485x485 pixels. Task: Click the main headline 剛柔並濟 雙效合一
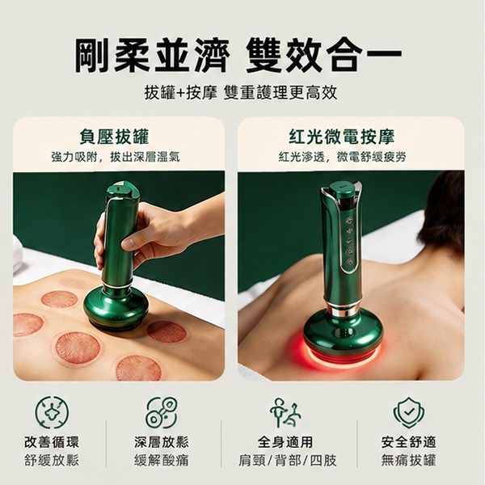coord(238,56)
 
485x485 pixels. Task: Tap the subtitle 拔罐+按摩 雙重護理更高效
coord(241,93)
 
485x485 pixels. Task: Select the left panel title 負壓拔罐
coord(115,137)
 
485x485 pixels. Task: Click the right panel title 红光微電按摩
coord(342,137)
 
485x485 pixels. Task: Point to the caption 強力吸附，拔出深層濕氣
coord(116,157)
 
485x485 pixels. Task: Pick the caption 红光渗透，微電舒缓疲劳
coord(342,157)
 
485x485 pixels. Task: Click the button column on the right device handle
coord(349,241)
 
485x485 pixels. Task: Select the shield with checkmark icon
coord(409,412)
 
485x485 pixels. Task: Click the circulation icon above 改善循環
coord(52,412)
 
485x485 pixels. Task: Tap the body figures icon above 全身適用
coord(285,412)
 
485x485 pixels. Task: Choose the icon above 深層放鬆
coord(162,412)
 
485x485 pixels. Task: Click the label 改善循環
coord(52,442)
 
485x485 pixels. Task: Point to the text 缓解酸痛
coord(162,461)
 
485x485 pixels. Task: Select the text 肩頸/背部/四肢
coord(287,461)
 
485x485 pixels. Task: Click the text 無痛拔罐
coord(408,461)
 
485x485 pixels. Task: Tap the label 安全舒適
coord(408,442)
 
